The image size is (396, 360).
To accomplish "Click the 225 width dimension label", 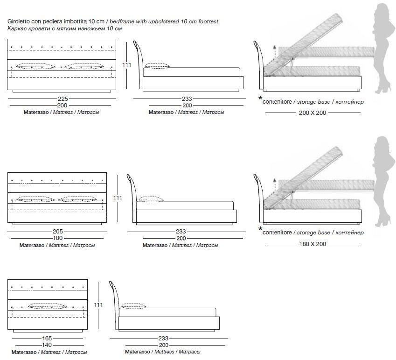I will point(63,99).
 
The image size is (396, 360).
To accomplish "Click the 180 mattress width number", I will point(57,238).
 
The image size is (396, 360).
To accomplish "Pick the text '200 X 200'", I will point(312,113).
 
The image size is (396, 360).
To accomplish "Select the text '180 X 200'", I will point(312,244).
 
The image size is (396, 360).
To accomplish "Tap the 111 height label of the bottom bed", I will point(98,304).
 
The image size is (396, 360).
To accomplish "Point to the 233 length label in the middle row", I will point(181,231).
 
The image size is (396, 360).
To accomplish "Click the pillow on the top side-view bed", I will point(158,66).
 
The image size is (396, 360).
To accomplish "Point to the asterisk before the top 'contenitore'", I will point(260,99).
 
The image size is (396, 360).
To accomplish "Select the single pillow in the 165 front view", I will point(46,306).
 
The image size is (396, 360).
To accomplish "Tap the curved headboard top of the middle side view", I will point(129,178).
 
